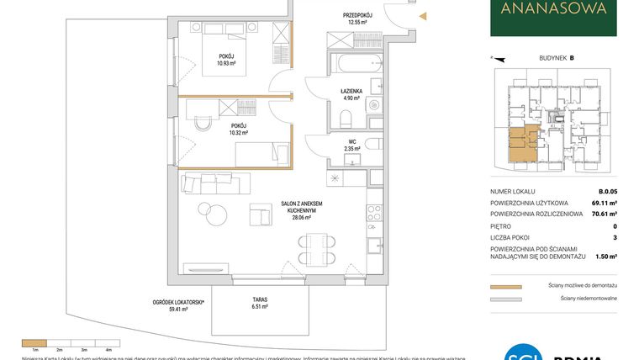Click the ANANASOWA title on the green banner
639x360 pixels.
coord(553,10)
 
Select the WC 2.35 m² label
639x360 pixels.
coord(352,145)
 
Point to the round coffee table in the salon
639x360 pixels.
coord(205,209)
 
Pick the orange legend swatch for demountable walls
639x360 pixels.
coord(505,286)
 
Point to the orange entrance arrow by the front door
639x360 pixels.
coord(423,15)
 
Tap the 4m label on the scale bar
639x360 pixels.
coord(108,348)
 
